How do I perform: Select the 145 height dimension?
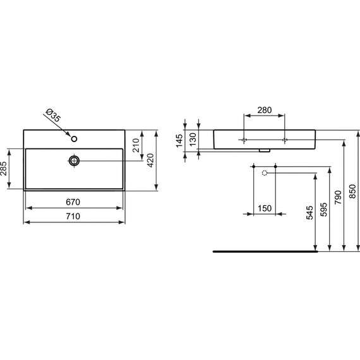179,139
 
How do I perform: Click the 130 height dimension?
194,139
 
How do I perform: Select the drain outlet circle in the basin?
75,161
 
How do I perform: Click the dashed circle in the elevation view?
265,173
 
